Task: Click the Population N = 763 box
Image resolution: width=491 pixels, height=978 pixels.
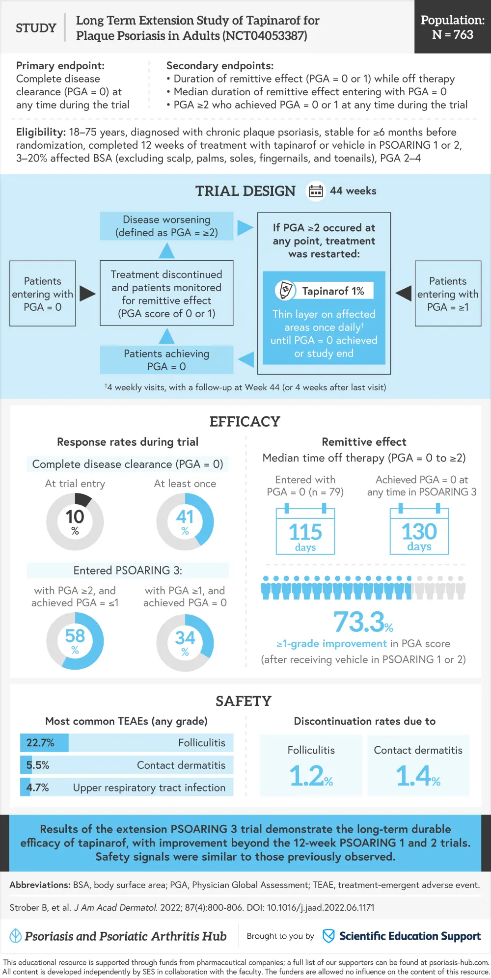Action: click(452, 27)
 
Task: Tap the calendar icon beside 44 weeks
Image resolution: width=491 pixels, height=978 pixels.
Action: click(316, 191)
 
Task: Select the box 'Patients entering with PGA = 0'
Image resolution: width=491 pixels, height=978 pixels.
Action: click(43, 294)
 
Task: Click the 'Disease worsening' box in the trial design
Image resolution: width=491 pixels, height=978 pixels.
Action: click(166, 226)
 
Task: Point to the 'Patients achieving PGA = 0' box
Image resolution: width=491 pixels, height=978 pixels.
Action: click(166, 360)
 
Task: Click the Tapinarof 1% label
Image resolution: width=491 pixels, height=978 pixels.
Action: click(333, 291)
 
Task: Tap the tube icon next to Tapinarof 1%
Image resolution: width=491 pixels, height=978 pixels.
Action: click(285, 290)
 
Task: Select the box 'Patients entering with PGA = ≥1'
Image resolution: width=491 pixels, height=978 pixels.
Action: click(448, 294)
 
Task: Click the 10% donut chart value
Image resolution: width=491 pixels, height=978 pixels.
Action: click(75, 521)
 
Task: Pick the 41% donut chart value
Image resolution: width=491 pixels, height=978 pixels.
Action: click(185, 521)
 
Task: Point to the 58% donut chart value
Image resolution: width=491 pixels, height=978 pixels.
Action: click(75, 640)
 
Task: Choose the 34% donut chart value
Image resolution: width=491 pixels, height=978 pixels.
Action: click(185, 642)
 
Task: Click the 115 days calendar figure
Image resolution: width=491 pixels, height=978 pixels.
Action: click(305, 533)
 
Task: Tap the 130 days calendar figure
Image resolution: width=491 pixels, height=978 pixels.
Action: click(419, 532)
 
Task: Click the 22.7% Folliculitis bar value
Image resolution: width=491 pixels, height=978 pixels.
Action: click(41, 743)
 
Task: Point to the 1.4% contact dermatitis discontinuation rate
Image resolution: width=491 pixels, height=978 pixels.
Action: click(418, 776)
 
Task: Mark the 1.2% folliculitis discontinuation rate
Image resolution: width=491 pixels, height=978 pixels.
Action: click(311, 776)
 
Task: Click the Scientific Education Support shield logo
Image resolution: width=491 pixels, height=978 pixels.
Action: click(328, 936)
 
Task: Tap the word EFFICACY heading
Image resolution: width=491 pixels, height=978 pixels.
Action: click(245, 421)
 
